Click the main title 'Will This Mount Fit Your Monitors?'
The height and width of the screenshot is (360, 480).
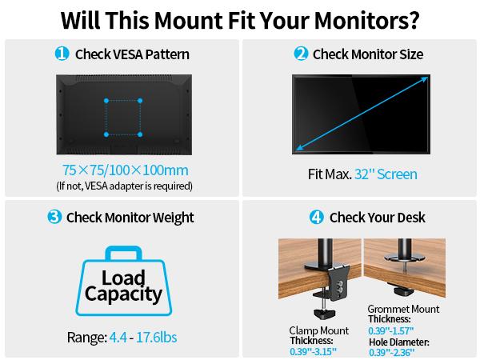click(240, 18)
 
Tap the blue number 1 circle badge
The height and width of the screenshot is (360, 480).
click(62, 54)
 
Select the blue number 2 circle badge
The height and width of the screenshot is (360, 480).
click(301, 54)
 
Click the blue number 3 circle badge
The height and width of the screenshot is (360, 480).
click(54, 217)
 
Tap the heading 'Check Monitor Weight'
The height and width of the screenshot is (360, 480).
click(130, 217)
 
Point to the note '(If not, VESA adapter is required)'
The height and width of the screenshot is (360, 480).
click(124, 186)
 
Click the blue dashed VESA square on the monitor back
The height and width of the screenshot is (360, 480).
click(123, 117)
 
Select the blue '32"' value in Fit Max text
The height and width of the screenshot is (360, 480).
click(366, 174)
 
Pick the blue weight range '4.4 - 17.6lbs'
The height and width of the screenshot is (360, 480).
click(142, 338)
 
